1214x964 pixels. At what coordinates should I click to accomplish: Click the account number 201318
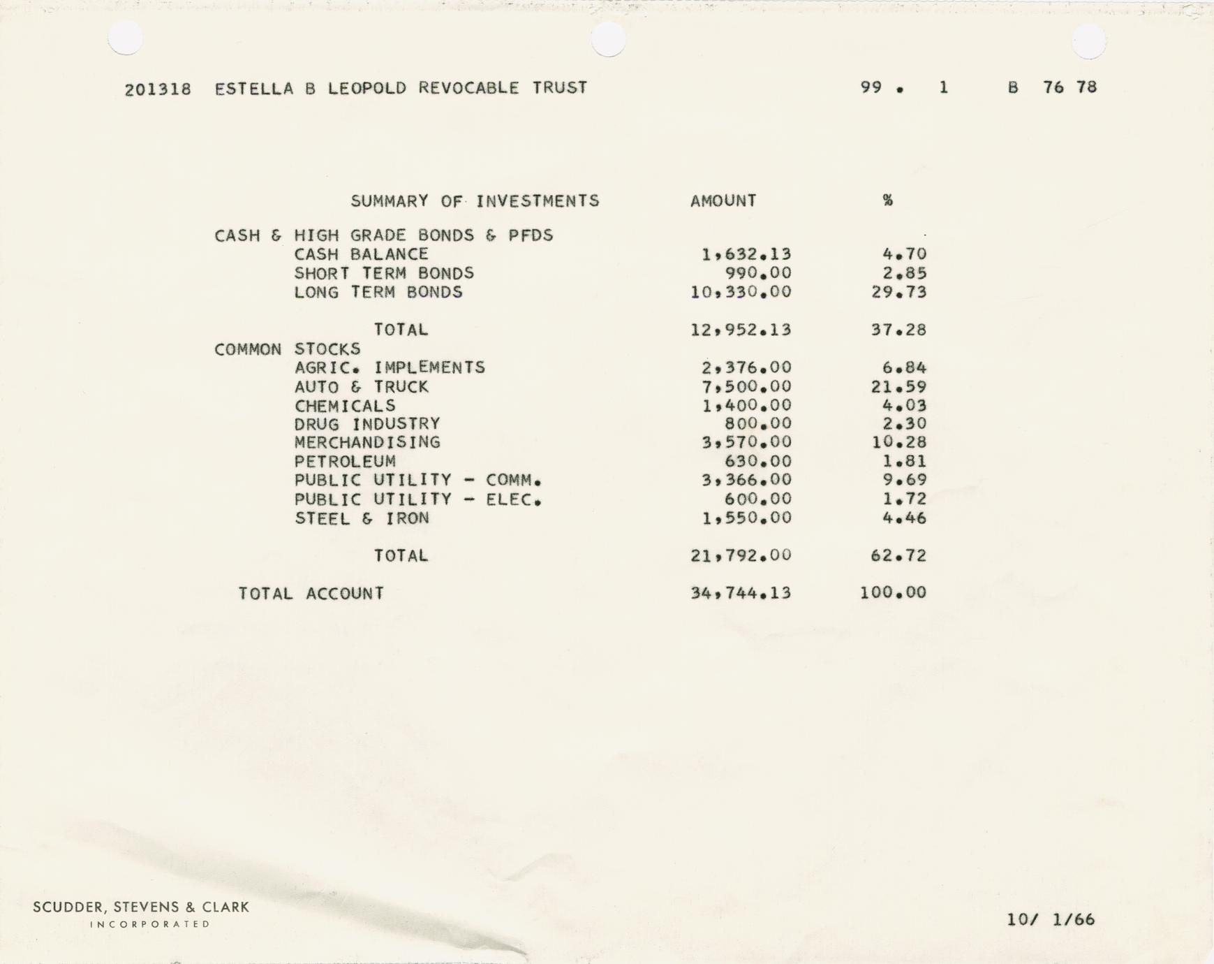[x=158, y=89]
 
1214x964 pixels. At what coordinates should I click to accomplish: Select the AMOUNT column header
[x=723, y=201]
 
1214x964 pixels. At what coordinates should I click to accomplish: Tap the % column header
[x=887, y=200]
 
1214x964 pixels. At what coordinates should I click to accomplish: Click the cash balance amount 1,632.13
[x=746, y=254]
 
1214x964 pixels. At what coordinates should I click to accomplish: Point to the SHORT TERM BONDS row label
[x=384, y=273]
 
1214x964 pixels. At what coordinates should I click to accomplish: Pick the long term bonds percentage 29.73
[x=899, y=292]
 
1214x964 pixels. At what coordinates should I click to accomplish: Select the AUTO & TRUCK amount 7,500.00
[x=746, y=387]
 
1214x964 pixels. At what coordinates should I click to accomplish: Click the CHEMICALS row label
[x=345, y=406]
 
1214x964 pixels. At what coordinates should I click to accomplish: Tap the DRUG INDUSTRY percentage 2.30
[x=904, y=424]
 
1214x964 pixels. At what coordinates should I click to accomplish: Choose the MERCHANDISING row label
[x=367, y=442]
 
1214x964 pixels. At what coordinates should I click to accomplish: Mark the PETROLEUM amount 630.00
[x=757, y=461]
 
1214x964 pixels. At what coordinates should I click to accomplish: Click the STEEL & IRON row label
[x=362, y=518]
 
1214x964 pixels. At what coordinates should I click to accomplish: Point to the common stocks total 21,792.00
[x=741, y=555]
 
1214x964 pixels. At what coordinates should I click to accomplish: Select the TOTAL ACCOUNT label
[x=311, y=594]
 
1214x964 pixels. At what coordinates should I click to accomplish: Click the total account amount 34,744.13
[x=741, y=593]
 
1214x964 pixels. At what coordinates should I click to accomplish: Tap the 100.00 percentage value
[x=893, y=593]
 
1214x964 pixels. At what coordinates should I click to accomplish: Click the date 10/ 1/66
[x=1051, y=919]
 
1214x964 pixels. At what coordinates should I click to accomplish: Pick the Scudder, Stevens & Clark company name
[x=141, y=907]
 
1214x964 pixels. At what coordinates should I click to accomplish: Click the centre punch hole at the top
[x=608, y=39]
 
